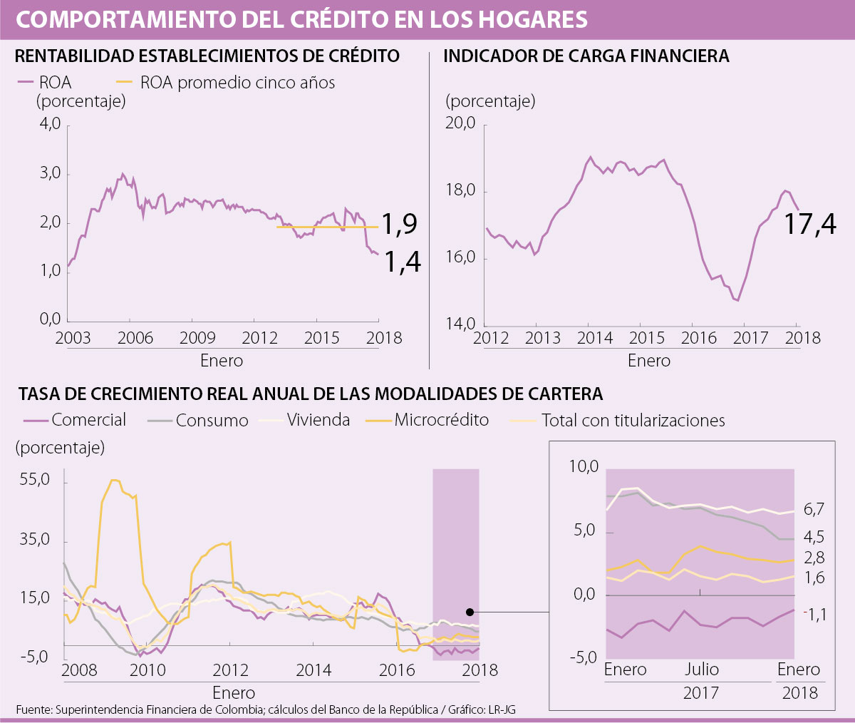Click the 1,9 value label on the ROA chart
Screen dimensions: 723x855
tap(400, 225)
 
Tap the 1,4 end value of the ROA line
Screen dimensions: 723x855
tap(403, 262)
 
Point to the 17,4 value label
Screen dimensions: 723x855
tap(810, 225)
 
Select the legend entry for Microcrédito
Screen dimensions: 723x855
tap(441, 420)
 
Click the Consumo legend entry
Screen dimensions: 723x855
tap(212, 421)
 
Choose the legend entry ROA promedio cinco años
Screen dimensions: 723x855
tap(237, 83)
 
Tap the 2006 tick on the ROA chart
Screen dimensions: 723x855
tap(135, 337)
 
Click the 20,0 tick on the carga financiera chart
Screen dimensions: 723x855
tap(460, 123)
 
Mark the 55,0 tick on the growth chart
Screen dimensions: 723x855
tap(36, 480)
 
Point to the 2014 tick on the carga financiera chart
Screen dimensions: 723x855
tap(594, 337)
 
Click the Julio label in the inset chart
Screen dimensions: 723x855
tap(701, 670)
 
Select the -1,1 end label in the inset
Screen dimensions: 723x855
tap(815, 613)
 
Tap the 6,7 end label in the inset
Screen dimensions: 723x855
tap(814, 509)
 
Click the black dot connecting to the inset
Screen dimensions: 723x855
tap(470, 612)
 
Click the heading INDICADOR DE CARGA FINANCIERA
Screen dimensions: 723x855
tap(586, 56)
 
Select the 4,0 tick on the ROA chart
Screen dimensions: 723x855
tap(50, 124)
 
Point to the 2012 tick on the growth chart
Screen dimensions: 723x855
tap(230, 670)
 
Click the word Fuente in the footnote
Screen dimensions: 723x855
tap(33, 709)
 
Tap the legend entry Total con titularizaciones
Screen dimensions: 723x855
tap(633, 421)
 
